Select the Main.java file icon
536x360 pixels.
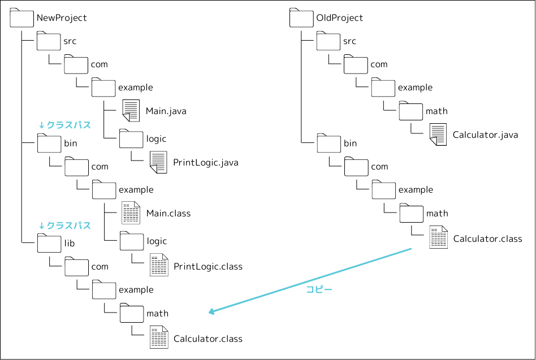click(x=131, y=110)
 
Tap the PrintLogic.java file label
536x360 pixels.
click(x=206, y=163)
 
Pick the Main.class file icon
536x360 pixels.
click(x=131, y=213)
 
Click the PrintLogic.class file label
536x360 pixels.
click(x=208, y=266)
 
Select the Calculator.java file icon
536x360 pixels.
click(x=438, y=135)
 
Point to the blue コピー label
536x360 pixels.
click(x=319, y=289)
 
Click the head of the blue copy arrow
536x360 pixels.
click(x=211, y=311)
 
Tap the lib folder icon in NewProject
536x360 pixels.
click(x=49, y=242)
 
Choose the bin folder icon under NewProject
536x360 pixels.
click(x=49, y=143)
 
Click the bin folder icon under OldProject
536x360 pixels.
click(x=329, y=143)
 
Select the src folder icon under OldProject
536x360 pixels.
click(x=329, y=41)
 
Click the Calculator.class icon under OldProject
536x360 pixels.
click(x=438, y=237)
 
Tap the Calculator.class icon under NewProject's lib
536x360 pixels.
click(x=159, y=337)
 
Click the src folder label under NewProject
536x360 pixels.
click(x=70, y=41)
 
